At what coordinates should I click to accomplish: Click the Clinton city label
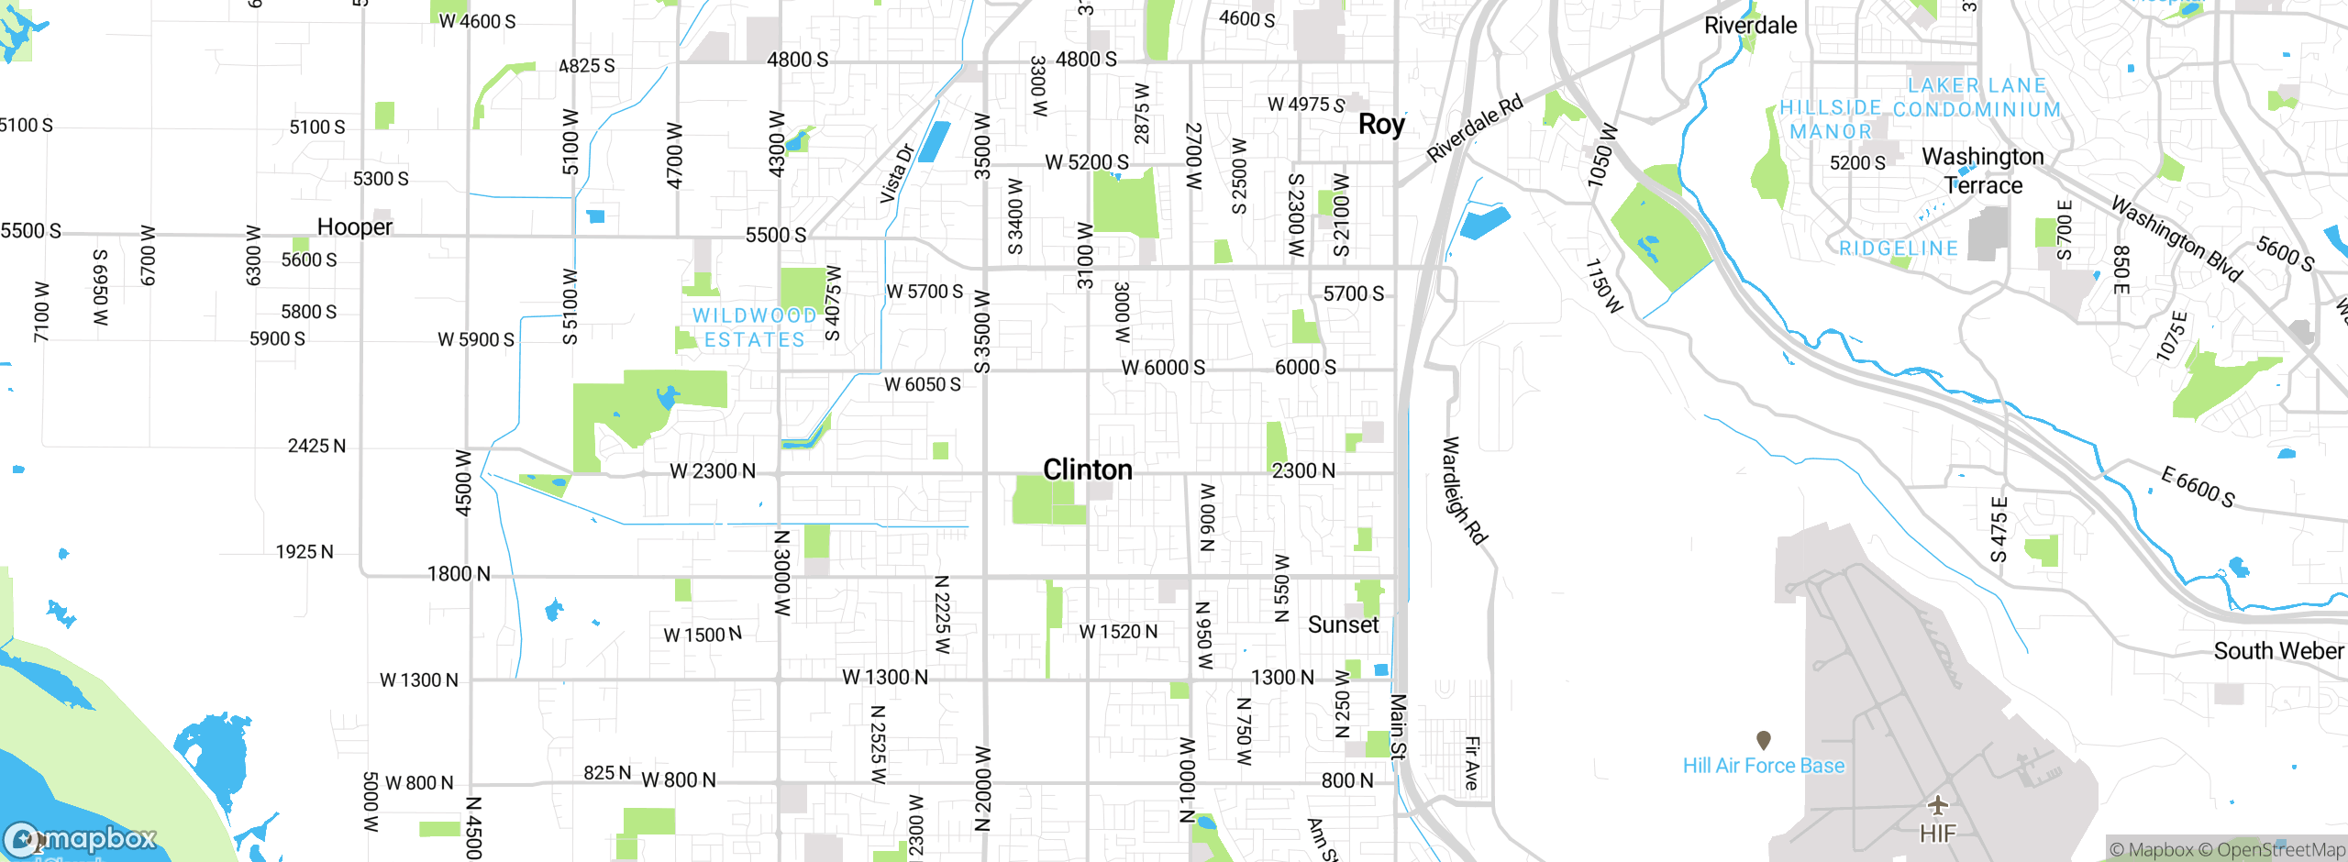point(1088,470)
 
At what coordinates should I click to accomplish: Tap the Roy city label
point(1381,125)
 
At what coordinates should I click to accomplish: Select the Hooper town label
point(354,227)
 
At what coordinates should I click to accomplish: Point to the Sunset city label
point(1343,624)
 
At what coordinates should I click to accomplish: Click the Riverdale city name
point(1750,26)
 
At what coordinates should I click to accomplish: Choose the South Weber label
point(2278,651)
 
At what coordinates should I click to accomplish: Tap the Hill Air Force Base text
point(1763,766)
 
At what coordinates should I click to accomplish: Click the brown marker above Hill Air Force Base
point(1763,739)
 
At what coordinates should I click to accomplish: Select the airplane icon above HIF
point(1937,805)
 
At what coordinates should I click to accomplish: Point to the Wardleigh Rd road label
point(1464,491)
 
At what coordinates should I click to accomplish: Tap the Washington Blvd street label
point(2176,238)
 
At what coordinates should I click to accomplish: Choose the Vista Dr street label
point(897,173)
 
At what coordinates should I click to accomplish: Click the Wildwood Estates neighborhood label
point(754,327)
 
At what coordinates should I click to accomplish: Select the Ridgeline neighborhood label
point(1899,249)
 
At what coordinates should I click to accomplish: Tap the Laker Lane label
point(1977,85)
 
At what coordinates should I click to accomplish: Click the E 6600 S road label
point(2198,487)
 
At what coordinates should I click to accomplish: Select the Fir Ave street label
point(1471,763)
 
